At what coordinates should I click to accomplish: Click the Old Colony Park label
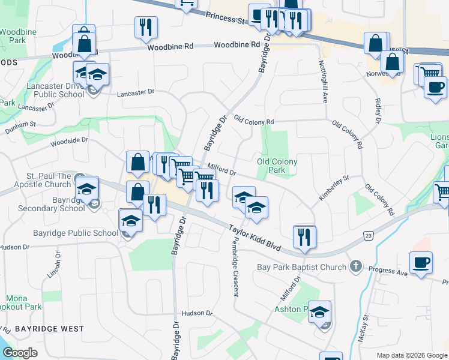click(277, 166)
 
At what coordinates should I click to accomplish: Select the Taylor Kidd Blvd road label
click(255, 238)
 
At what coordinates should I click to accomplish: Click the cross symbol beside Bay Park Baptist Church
click(356, 266)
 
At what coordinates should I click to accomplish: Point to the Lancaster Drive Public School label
click(55, 90)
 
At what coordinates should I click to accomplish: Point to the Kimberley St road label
click(334, 188)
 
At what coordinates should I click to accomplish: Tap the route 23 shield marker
click(368, 236)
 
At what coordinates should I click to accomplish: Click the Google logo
click(20, 352)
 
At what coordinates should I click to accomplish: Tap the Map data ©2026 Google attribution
click(411, 355)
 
